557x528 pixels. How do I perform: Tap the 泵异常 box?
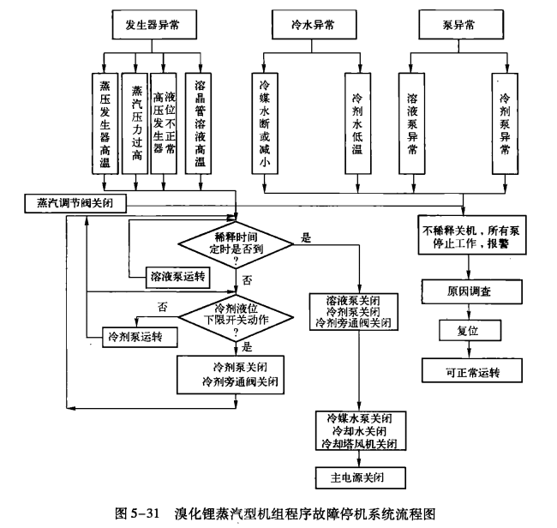click(x=460, y=24)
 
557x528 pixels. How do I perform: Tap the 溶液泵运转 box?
click(x=177, y=275)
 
